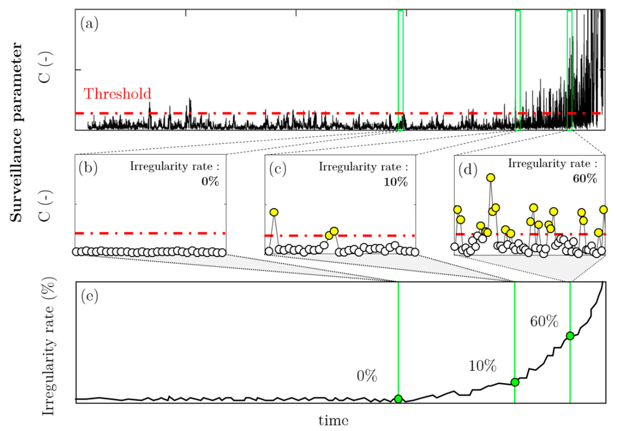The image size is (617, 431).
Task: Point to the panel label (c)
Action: tap(278, 169)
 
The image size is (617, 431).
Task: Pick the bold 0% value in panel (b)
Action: tap(210, 182)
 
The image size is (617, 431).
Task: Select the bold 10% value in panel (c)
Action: tap(395, 182)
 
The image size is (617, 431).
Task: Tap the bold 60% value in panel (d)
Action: tap(585, 179)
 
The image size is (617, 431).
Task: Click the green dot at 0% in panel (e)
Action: tap(398, 399)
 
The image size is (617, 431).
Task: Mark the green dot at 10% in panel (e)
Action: tap(515, 382)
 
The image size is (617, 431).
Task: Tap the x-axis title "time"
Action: tap(333, 421)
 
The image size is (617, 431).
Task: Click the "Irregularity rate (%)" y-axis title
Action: tap(49, 347)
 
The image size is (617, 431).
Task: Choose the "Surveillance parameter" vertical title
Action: tap(16, 132)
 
